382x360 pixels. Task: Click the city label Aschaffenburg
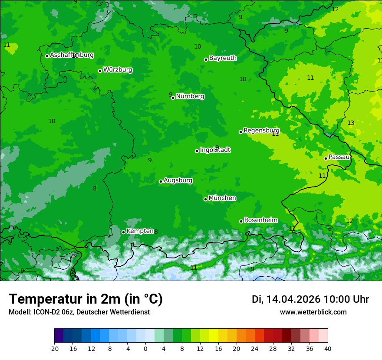(72, 55)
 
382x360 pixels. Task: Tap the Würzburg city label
(118, 70)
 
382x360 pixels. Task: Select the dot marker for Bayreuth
(206, 59)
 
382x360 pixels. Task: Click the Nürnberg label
(190, 96)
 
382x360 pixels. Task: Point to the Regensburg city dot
(240, 132)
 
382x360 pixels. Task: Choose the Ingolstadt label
(215, 150)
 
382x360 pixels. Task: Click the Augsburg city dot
(161, 181)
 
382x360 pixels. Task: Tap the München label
(222, 198)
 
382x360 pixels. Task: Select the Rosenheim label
(260, 220)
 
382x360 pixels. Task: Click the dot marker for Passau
(326, 158)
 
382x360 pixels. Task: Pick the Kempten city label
(140, 231)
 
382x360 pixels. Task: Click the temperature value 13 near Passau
(351, 123)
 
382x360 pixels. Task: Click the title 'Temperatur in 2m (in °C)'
(86, 299)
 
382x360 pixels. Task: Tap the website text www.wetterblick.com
(313, 312)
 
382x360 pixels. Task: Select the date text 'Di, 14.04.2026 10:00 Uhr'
(310, 299)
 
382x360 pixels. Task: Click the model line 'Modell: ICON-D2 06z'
(79, 312)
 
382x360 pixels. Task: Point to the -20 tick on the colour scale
(54, 349)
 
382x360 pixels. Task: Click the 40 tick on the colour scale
(328, 349)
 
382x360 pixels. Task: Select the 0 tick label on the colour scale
(145, 349)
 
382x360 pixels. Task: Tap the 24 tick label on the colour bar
(255, 349)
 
